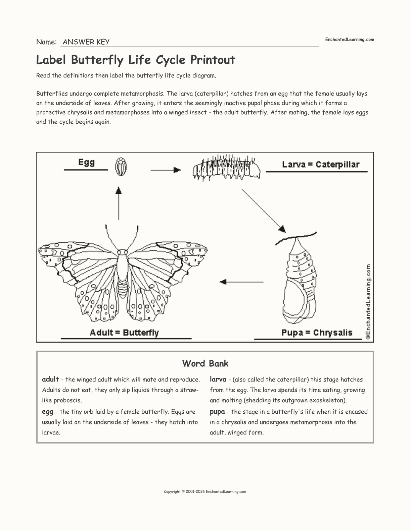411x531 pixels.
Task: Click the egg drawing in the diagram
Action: point(121,167)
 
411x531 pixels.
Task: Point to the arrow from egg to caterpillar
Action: point(166,170)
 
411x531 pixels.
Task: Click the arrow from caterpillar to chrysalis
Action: point(264,211)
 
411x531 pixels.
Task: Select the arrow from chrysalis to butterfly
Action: point(241,282)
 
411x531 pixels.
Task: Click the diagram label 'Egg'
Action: point(86,162)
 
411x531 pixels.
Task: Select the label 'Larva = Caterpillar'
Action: point(320,165)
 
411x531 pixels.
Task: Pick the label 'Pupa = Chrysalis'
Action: point(317,333)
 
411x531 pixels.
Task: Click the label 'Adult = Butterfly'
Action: point(124,333)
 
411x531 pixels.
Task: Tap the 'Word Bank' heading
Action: point(205,363)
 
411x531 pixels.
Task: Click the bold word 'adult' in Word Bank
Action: point(50,379)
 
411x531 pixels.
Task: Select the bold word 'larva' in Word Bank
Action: point(218,379)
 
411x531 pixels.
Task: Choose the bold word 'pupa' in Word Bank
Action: point(217,412)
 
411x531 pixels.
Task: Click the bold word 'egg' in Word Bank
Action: point(48,412)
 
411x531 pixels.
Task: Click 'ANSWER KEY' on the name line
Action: point(86,42)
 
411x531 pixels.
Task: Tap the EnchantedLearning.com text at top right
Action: point(349,40)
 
